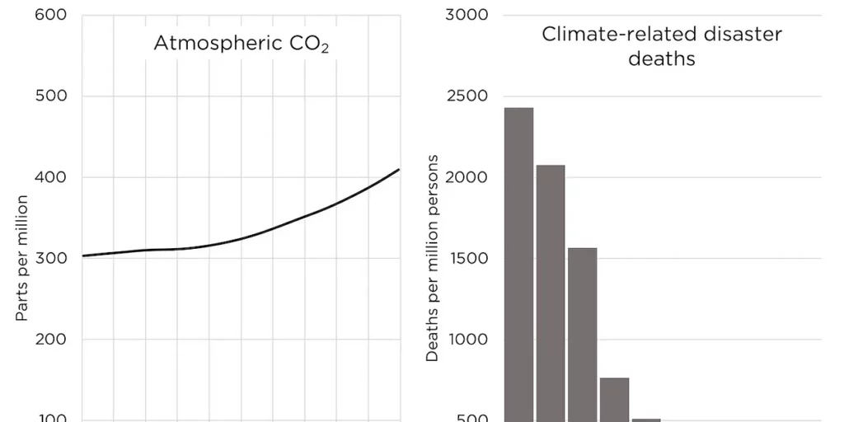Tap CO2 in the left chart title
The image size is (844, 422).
coord(309,45)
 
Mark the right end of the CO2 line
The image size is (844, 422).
coord(399,170)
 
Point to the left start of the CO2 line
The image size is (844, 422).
coord(83,256)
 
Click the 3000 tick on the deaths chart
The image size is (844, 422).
coord(467,16)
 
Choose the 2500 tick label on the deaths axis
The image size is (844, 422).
coord(467,96)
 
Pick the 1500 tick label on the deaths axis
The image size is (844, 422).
coord(467,258)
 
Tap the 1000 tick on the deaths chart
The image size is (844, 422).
coord(467,339)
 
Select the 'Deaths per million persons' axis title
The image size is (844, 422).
coord(433,258)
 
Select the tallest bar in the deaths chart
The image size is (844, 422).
coord(518,264)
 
